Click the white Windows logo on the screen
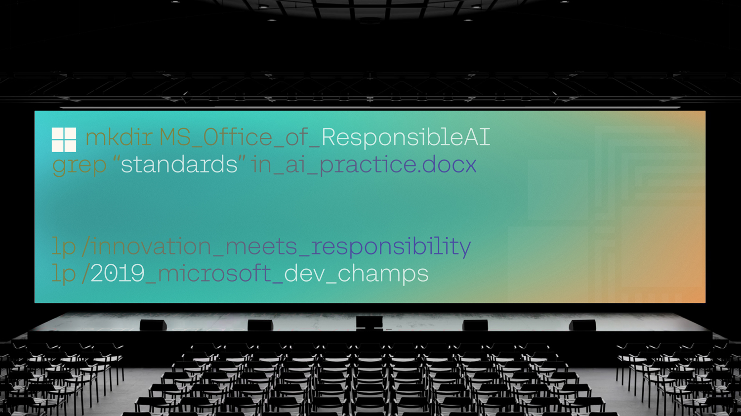[x=64, y=139]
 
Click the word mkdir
[x=119, y=137]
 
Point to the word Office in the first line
[x=238, y=137]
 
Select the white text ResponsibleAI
[x=406, y=137]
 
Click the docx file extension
[x=450, y=165]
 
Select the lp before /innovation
[x=64, y=247]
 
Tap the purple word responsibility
[x=391, y=247]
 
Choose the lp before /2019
[x=64, y=274]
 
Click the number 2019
[x=118, y=274]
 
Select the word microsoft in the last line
[x=214, y=274]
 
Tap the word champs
[x=382, y=274]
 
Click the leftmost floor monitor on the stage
[x=153, y=325]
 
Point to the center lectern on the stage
[x=370, y=323]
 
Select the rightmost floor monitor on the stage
[x=582, y=325]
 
